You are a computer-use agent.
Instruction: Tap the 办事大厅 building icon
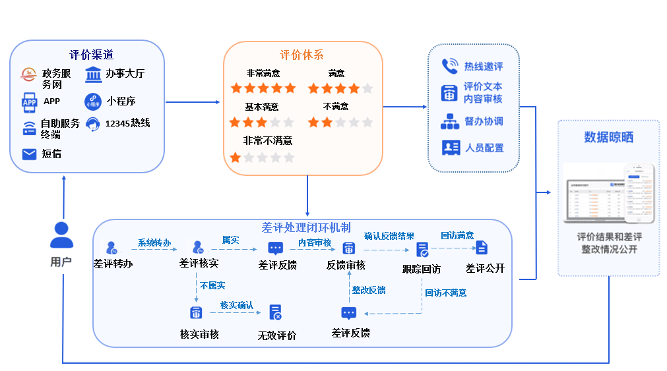click(x=93, y=74)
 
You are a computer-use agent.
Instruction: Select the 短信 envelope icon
click(x=29, y=154)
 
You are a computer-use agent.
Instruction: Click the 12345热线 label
click(x=128, y=123)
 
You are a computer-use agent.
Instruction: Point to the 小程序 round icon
click(x=92, y=101)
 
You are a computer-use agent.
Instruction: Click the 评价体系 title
click(x=302, y=55)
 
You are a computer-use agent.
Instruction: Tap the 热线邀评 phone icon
click(x=450, y=66)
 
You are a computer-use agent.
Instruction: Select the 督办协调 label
click(x=484, y=121)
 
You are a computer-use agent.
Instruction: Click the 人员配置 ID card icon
click(x=451, y=148)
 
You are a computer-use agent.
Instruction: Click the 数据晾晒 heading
click(x=608, y=137)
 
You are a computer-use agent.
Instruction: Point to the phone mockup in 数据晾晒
click(x=639, y=192)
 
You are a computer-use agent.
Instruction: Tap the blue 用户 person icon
click(x=61, y=234)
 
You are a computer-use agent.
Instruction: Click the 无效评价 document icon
click(x=276, y=312)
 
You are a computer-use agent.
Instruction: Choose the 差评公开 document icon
click(x=482, y=248)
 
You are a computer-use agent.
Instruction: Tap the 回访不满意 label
click(x=445, y=293)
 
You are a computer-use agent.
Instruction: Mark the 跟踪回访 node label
click(x=422, y=269)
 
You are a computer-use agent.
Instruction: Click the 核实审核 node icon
click(x=195, y=312)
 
